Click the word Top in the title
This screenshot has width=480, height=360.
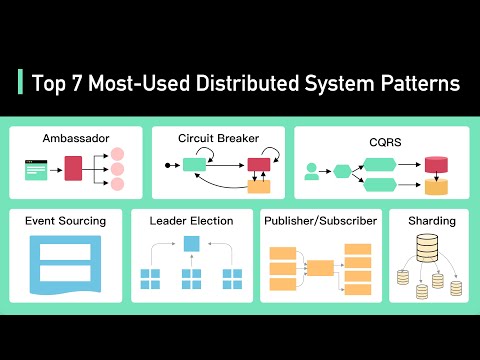pos(50,82)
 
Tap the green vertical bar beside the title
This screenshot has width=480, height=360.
pos(20,82)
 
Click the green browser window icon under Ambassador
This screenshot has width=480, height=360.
pos(35,169)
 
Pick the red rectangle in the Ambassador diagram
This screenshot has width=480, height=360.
pos(73,168)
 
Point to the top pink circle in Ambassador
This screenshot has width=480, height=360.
pos(117,154)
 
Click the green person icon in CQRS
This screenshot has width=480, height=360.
pos(312,171)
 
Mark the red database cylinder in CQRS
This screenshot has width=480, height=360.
pos(434,165)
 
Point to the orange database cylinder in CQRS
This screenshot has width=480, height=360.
pos(434,186)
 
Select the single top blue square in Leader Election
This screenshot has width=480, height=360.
pos(191,243)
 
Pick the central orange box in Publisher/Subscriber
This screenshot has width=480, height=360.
pos(320,267)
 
